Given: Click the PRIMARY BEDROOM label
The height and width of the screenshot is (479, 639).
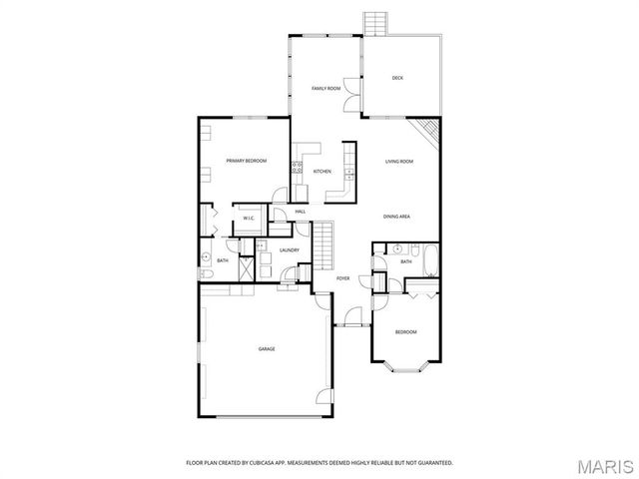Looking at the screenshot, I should pyautogui.click(x=246, y=161).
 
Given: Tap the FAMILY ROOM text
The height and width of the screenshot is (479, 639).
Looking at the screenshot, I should pyautogui.click(x=325, y=89).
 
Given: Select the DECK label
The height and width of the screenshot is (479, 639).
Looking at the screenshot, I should pyautogui.click(x=397, y=78).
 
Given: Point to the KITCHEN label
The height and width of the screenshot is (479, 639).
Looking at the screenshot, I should pyautogui.click(x=321, y=172).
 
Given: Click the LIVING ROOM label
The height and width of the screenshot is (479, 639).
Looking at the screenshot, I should pyautogui.click(x=399, y=161).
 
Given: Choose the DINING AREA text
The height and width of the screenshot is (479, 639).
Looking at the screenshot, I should pyautogui.click(x=397, y=217).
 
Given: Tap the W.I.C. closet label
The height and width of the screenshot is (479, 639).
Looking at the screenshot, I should pyautogui.click(x=249, y=219).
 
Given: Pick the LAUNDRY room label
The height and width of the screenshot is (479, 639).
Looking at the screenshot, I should pyautogui.click(x=290, y=250).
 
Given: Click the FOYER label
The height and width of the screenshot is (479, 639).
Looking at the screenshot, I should pyautogui.click(x=342, y=278).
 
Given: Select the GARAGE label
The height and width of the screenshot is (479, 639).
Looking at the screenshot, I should pyautogui.click(x=267, y=348).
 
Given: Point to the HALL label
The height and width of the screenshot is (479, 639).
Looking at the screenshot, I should pyautogui.click(x=300, y=212).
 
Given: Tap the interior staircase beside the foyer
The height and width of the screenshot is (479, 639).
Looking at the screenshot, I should pyautogui.click(x=324, y=244).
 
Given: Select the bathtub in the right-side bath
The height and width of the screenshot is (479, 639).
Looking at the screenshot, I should pyautogui.click(x=428, y=260).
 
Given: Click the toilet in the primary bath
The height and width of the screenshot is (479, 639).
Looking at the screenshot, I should pyautogui.click(x=204, y=272).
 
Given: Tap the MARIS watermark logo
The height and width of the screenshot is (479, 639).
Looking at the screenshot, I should pyautogui.click(x=605, y=466).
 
